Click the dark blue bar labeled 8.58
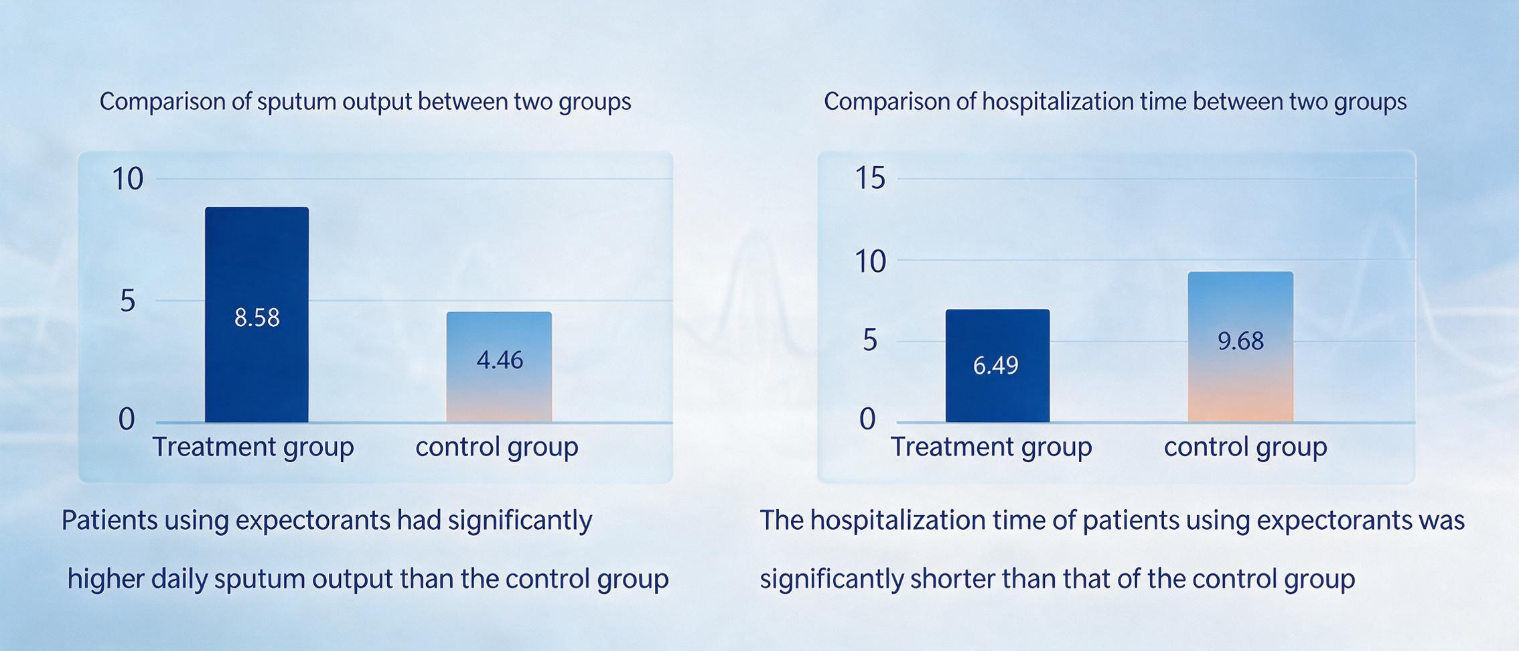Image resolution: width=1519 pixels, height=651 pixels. pos(257,315)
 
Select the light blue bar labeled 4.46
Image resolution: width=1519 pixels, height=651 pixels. pos(499,367)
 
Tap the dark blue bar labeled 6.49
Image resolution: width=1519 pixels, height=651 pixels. pos(997,366)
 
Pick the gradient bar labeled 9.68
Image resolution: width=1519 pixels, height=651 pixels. pos(1240,347)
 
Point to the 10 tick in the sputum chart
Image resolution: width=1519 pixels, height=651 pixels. pos(127,179)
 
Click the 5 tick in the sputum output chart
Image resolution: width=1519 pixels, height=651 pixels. pos(128,301)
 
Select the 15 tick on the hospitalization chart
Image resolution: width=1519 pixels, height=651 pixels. pos(870,179)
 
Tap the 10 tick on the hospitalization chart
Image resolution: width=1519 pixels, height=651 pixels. pos(870,261)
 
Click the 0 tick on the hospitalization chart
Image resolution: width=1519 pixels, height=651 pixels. pos(867,419)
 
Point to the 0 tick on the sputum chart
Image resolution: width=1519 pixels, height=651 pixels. pos(127,419)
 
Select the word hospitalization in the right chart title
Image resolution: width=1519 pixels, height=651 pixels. pos(1058,102)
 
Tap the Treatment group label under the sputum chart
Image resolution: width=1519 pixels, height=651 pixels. pos(253,447)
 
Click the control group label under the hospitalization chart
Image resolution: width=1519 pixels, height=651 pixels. pos(1245,447)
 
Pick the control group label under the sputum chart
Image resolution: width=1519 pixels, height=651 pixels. pos(496,447)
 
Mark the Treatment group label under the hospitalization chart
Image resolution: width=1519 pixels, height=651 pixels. pos(991,447)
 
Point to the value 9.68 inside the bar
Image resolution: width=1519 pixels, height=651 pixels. pos(1240,342)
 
